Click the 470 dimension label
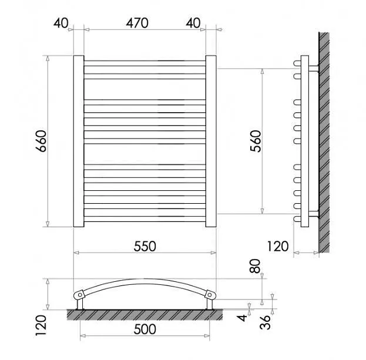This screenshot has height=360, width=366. (x=137, y=23)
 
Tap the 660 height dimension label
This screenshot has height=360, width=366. (x=42, y=141)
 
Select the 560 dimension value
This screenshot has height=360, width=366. (x=256, y=141)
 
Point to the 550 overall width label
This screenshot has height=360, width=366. (x=145, y=247)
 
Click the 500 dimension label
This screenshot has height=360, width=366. (x=145, y=329)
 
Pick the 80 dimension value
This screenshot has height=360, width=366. (x=255, y=266)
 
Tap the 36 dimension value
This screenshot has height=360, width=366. (x=265, y=322)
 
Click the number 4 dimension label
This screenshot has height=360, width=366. (x=242, y=318)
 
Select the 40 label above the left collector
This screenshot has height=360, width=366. (x=61, y=23)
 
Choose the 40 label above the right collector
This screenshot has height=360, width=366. (x=193, y=23)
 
